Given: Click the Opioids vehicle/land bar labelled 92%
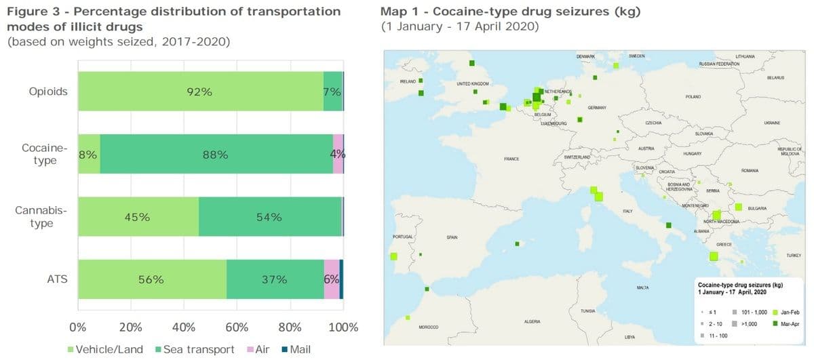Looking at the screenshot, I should tap(200, 92).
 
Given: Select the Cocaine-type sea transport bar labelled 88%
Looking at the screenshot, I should tap(216, 155).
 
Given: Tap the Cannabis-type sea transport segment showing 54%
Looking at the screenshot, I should tap(269, 218).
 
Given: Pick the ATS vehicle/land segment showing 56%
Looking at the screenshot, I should tap(151, 279).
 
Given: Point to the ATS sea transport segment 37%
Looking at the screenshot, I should tap(275, 279).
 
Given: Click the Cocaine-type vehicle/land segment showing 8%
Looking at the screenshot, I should tap(88, 155).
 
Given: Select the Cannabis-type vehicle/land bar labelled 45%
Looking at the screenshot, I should tap(138, 218).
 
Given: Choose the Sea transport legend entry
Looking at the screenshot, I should tap(195, 349).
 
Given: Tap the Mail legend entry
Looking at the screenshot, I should tap(296, 349).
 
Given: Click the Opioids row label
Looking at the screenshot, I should tap(48, 92).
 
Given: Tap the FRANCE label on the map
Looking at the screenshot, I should tap(511, 159).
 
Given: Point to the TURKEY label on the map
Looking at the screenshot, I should tap(794, 256).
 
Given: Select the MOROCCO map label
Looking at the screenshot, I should tap(427, 327).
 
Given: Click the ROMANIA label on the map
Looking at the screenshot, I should tap(750, 170).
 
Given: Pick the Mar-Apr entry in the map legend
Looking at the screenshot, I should tap(791, 323).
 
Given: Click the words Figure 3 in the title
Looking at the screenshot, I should tap(30, 12).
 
